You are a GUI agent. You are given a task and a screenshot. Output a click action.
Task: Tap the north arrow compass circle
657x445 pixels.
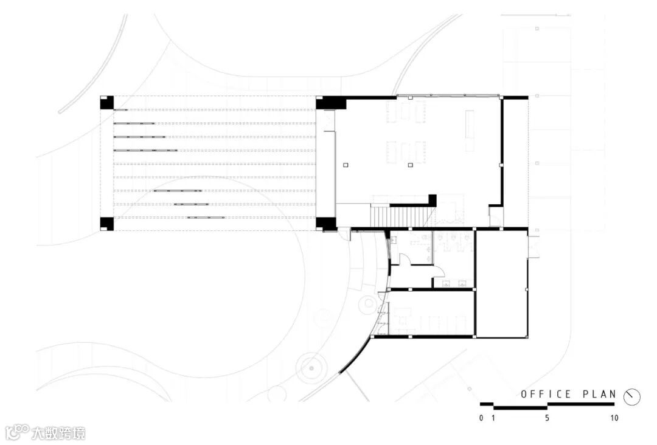(x=632, y=396)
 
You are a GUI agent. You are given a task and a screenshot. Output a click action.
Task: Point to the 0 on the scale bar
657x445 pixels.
(x=481, y=418)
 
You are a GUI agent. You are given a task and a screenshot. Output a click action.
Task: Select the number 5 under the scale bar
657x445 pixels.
(x=547, y=418)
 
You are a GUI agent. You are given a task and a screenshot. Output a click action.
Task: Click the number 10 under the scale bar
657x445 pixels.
(x=614, y=418)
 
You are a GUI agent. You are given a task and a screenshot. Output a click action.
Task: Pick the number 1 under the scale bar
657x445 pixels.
(x=493, y=418)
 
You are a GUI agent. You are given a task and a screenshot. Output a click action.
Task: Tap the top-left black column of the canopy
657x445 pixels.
(x=106, y=102)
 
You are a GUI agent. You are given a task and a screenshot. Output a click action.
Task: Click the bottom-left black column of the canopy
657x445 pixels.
(x=106, y=224)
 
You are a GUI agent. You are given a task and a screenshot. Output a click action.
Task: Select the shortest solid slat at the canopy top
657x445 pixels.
(x=120, y=110)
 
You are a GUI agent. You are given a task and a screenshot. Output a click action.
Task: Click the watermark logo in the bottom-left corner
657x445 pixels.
(x=17, y=432)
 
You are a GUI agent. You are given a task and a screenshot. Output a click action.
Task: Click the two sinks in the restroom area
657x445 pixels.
(x=454, y=283)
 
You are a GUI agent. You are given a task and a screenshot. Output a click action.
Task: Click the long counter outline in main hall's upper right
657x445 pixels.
(x=470, y=130)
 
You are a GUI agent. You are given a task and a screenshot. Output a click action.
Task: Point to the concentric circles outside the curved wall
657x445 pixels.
(x=311, y=367)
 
